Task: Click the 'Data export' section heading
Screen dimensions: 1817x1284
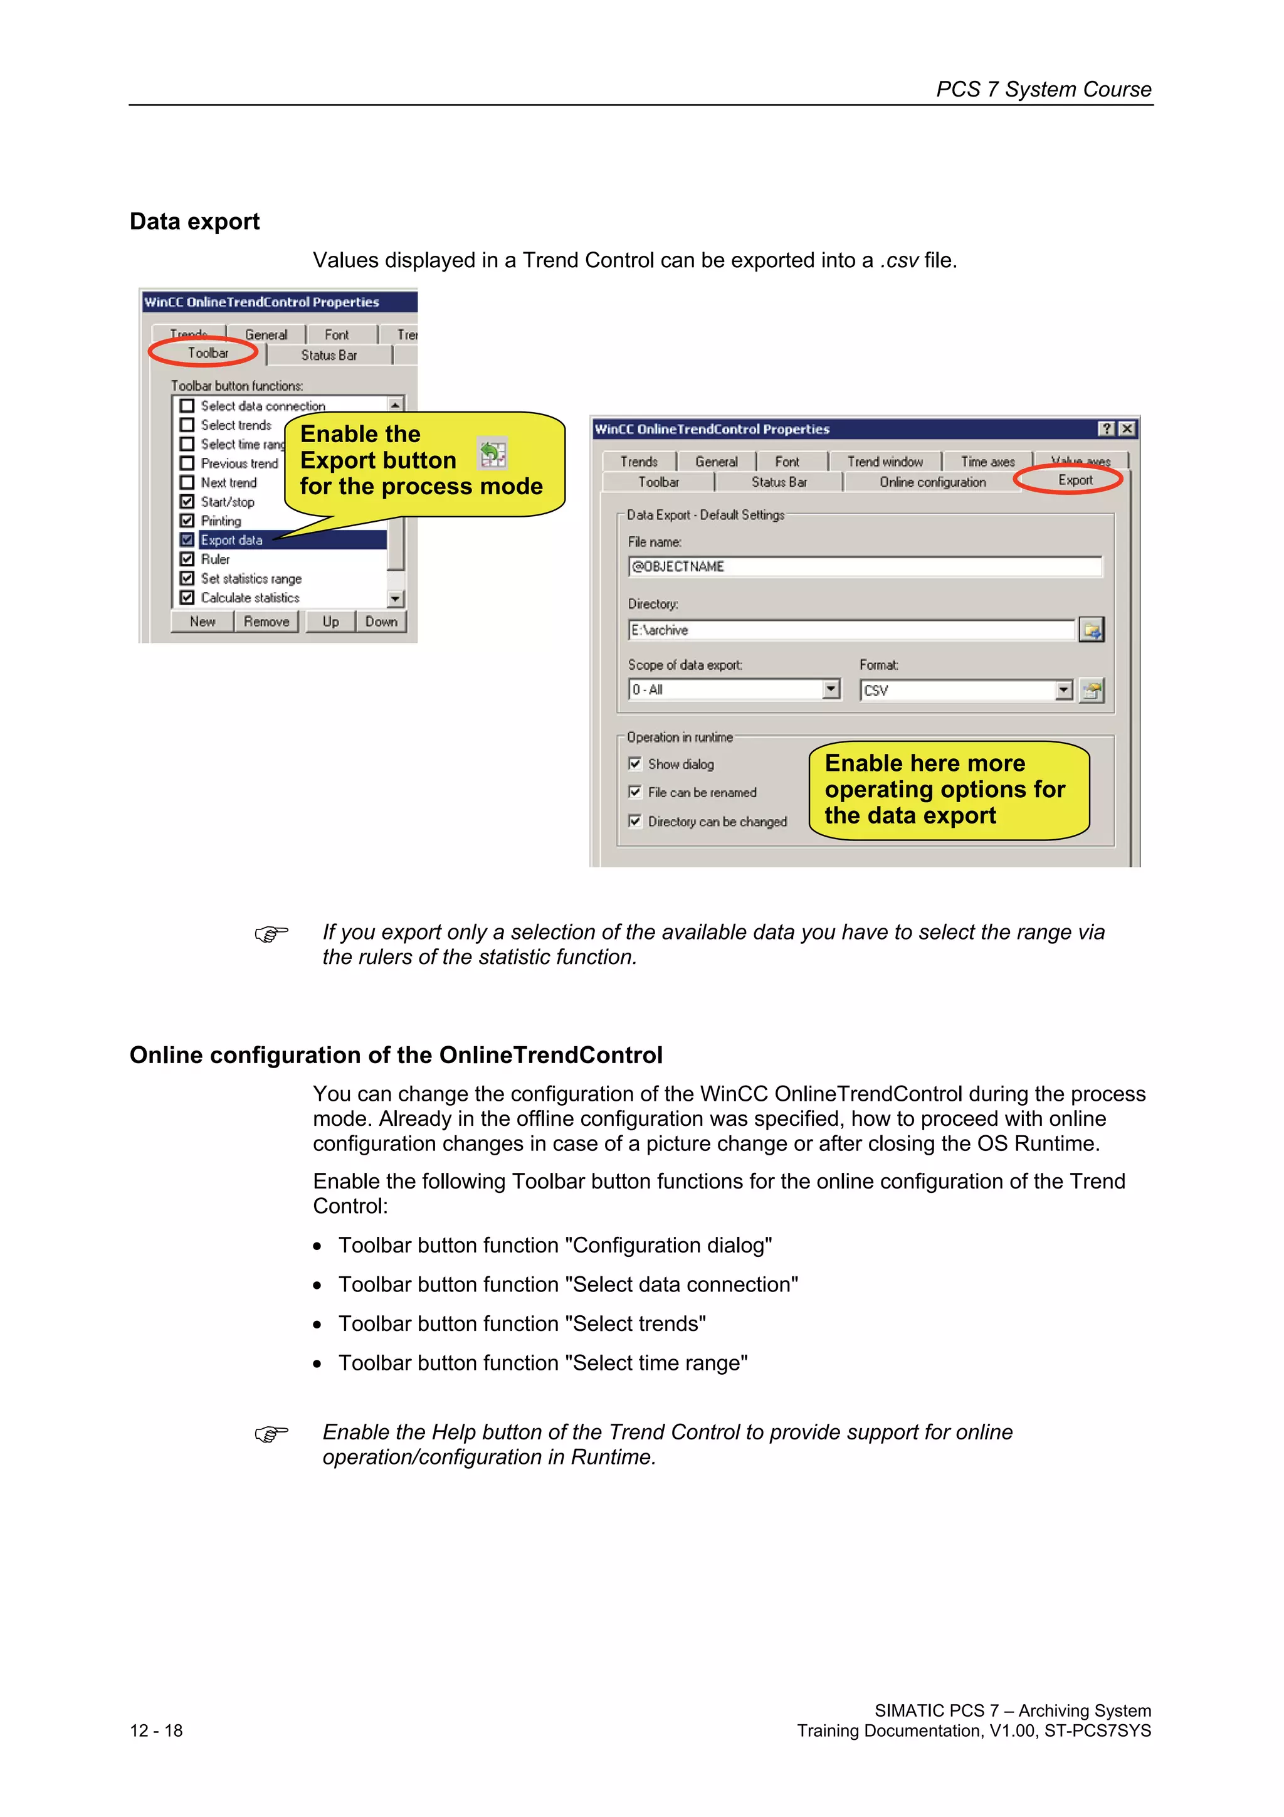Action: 194,221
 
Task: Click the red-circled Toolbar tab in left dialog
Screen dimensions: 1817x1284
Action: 208,353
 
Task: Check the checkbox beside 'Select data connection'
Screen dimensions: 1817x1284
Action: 187,406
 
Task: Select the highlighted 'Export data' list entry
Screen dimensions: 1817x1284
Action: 231,540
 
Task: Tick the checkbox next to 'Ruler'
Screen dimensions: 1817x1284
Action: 187,559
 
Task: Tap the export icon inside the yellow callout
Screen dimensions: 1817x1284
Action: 492,454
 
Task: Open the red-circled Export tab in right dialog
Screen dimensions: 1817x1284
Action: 1075,480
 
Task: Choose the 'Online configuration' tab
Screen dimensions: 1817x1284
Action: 932,482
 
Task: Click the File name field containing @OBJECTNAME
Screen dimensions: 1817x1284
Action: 864,566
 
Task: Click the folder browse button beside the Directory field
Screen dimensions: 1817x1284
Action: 1091,630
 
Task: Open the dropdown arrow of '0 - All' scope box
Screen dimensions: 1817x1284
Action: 830,689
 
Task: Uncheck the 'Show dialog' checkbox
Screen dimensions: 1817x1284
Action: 634,764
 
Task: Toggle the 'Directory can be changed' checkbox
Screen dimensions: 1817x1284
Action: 634,820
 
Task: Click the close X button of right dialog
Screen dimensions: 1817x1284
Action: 1127,429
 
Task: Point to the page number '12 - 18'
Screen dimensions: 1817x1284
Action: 156,1730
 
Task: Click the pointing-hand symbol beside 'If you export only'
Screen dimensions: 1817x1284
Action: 271,934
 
